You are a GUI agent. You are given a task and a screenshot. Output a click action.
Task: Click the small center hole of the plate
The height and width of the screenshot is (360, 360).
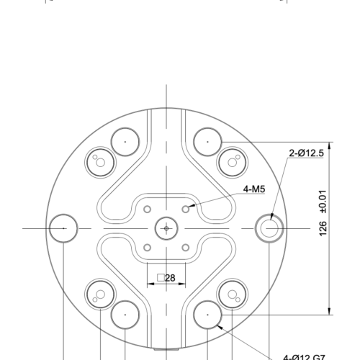click(x=166, y=228)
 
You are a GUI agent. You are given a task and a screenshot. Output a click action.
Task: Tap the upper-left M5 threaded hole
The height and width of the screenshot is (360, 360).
click(x=148, y=209)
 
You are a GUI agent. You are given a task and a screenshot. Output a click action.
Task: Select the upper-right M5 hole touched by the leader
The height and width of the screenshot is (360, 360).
click(x=186, y=209)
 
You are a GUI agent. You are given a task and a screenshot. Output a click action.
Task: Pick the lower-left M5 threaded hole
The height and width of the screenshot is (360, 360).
click(x=148, y=248)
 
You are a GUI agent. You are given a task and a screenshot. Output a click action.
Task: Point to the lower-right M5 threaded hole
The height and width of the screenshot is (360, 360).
click(x=186, y=248)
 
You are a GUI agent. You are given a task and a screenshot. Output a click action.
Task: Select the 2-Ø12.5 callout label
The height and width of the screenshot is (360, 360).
click(x=307, y=153)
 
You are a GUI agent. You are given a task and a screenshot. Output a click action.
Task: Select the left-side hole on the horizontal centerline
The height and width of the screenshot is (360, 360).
click(x=63, y=228)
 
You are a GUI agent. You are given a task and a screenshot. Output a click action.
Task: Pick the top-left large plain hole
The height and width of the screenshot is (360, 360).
click(x=125, y=141)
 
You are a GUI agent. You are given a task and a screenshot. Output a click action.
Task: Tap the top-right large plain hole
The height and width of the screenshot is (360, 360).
click(x=207, y=141)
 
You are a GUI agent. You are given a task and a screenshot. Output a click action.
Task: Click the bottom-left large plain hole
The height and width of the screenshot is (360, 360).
click(x=125, y=315)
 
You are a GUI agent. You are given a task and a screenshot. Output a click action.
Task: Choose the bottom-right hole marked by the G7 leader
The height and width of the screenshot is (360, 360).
click(x=207, y=315)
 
